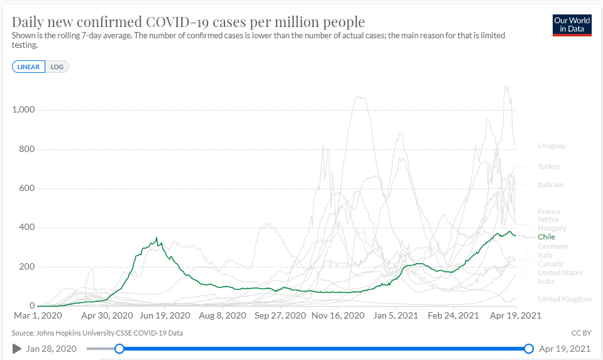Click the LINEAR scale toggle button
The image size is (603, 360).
(x=28, y=67)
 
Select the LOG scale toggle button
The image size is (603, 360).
(x=57, y=67)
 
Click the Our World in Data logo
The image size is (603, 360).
(x=572, y=25)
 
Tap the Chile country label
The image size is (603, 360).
(x=546, y=237)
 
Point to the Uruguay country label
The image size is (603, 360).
(x=551, y=146)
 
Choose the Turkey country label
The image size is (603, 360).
(x=549, y=166)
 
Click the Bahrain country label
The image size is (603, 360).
(x=550, y=185)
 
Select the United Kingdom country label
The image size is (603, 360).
(x=564, y=299)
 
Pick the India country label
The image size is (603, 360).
(x=546, y=281)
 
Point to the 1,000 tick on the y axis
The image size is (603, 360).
(x=24, y=110)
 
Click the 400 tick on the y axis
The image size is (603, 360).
(x=27, y=227)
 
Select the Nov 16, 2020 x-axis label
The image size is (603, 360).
(x=338, y=315)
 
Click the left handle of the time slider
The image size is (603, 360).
(x=119, y=349)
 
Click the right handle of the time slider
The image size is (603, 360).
(x=529, y=349)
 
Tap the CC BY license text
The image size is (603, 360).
(x=580, y=333)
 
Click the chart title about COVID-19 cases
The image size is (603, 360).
(x=188, y=22)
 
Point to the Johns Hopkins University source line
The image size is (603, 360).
(x=97, y=333)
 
